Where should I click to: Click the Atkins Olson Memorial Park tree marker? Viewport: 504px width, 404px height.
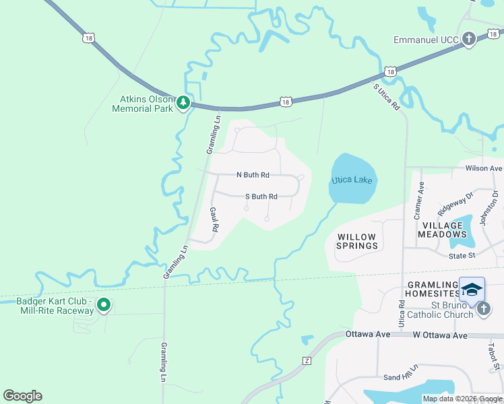[183, 103]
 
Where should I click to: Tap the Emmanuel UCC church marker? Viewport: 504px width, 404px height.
[469, 40]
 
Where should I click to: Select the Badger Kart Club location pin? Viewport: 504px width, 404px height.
[104, 305]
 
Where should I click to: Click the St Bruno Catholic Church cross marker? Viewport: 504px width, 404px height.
[483, 309]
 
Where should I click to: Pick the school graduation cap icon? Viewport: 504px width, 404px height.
[472, 290]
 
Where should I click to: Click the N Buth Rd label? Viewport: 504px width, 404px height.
[253, 175]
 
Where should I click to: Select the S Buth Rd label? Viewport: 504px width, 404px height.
[261, 197]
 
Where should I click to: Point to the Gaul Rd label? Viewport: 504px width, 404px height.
[214, 220]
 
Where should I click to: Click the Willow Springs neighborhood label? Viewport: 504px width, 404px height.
[357, 241]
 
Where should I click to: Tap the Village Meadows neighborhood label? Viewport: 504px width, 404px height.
[441, 230]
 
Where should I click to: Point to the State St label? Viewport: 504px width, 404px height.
[462, 256]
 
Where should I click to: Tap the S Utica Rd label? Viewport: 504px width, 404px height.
[386, 96]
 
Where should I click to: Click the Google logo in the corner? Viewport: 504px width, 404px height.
[22, 396]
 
